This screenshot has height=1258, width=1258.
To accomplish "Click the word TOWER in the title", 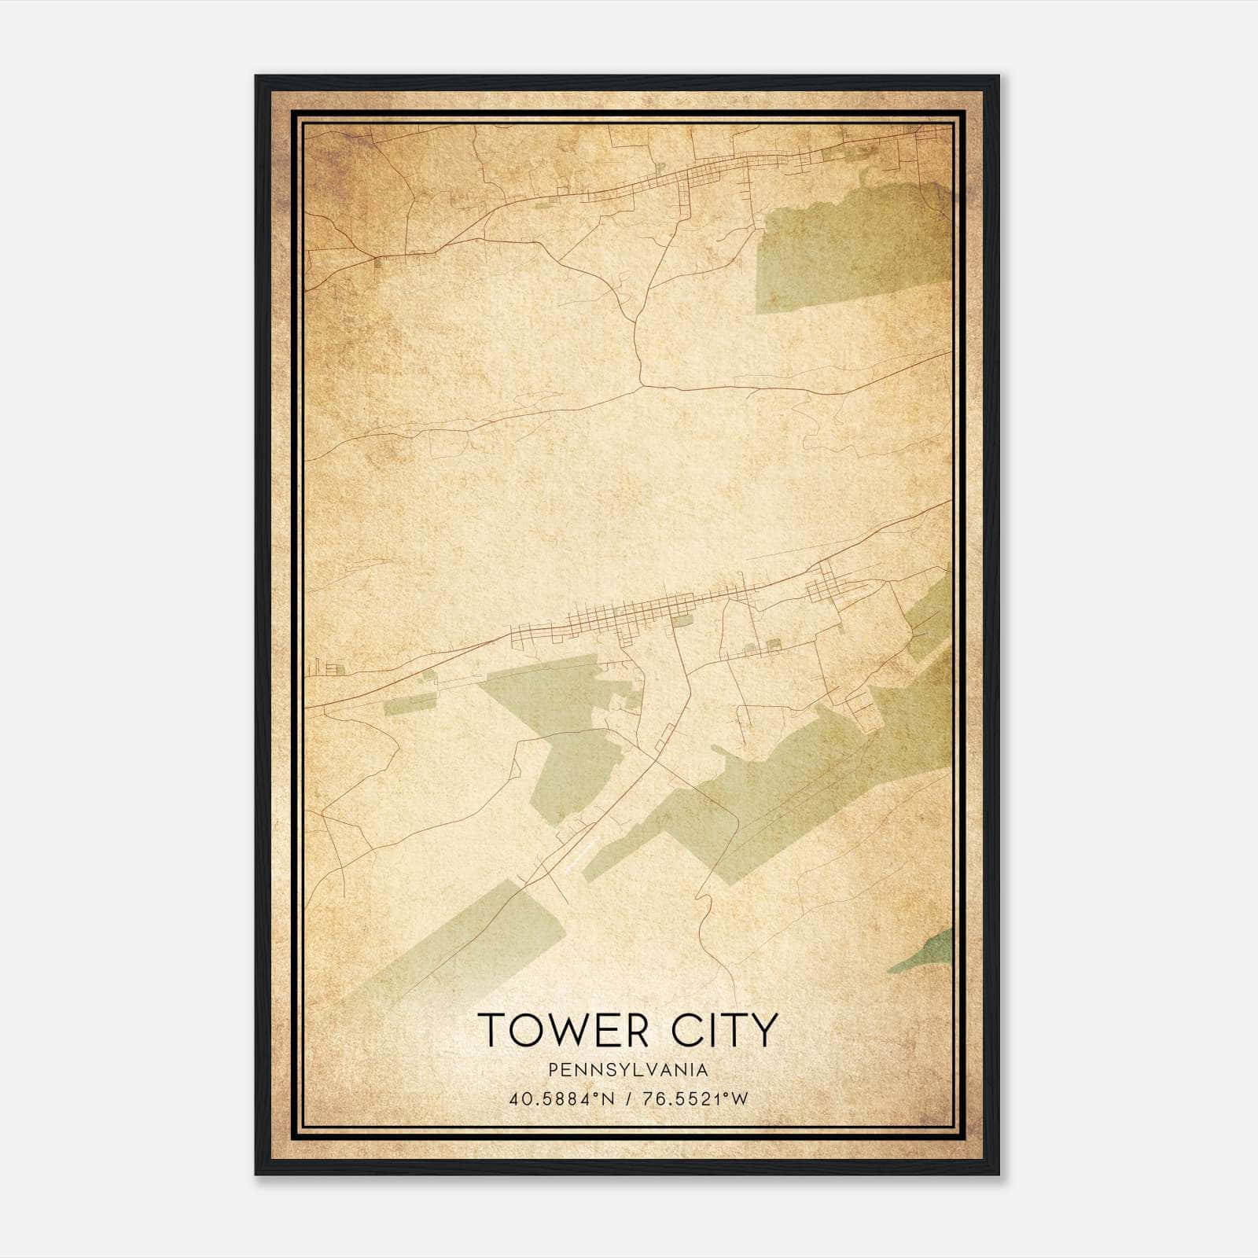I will [554, 1030].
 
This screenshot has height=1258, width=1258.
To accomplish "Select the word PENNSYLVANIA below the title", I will [628, 1070].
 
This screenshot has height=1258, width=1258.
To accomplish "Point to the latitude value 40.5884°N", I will [560, 1099].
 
